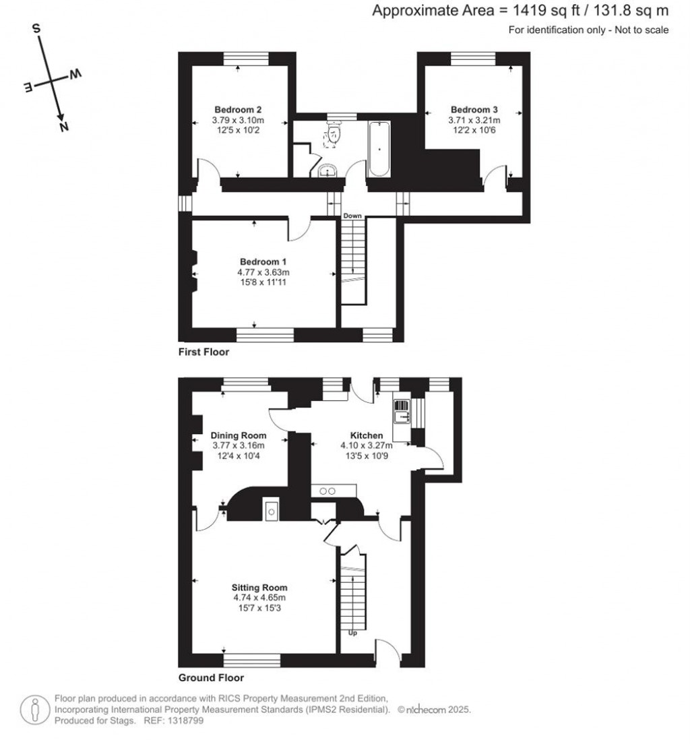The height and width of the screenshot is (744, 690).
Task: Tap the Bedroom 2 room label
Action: coord(238,110)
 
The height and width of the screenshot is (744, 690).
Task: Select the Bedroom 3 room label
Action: coord(474,110)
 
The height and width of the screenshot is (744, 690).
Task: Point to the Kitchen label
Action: coord(366,436)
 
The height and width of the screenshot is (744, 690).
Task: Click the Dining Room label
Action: coord(239,435)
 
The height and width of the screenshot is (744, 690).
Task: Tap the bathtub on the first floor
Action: coord(379,149)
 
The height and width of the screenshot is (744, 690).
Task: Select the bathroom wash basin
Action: coord(329,169)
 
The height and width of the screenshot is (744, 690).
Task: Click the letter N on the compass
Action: coord(64,127)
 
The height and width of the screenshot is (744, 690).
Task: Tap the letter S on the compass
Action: coord(37,29)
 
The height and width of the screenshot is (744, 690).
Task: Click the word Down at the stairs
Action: coord(352,216)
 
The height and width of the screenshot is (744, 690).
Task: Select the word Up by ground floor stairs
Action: coord(352,633)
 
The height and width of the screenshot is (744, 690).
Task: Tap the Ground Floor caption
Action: coord(211,678)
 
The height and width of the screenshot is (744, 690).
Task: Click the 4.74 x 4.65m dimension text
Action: coord(259,597)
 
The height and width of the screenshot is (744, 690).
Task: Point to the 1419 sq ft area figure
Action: coord(550,11)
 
